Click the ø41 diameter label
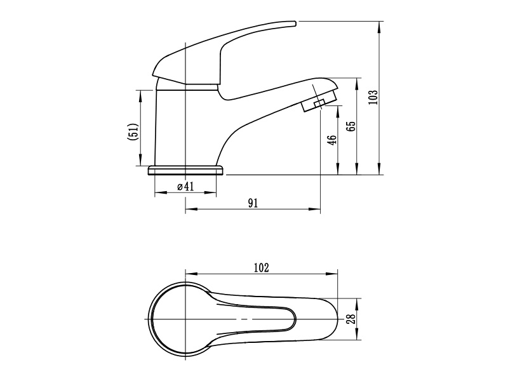[x=185, y=186]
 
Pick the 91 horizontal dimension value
[x=252, y=203]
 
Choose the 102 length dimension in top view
[x=262, y=267]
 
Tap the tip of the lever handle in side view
[x=293, y=23]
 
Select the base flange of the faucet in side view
[x=186, y=170]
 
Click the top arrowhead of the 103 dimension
[x=380, y=24]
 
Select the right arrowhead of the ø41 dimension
[x=214, y=192]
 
